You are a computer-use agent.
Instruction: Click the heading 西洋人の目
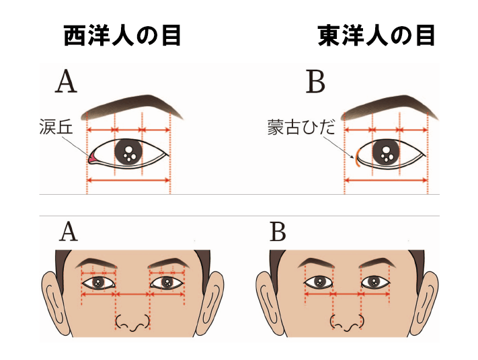(122, 36)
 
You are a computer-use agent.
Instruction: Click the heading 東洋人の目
(376, 36)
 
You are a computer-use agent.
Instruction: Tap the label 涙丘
(56, 127)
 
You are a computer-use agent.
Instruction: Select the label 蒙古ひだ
(301, 127)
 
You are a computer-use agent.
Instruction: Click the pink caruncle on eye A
(91, 158)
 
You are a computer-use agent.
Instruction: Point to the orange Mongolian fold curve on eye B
(356, 157)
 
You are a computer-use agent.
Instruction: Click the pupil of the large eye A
(129, 152)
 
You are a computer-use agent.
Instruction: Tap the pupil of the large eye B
(387, 153)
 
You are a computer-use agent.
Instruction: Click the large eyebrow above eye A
(132, 107)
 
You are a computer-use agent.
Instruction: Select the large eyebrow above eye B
(390, 107)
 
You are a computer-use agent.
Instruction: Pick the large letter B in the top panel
(315, 81)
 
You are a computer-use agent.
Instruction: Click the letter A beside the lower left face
(69, 232)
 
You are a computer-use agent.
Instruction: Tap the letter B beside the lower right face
(278, 232)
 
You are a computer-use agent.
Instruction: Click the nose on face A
(133, 323)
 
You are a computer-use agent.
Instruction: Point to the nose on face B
(347, 323)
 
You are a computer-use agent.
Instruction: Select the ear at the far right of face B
(424, 302)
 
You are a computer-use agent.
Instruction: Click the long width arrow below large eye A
(128, 180)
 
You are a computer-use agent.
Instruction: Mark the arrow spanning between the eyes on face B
(347, 294)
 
